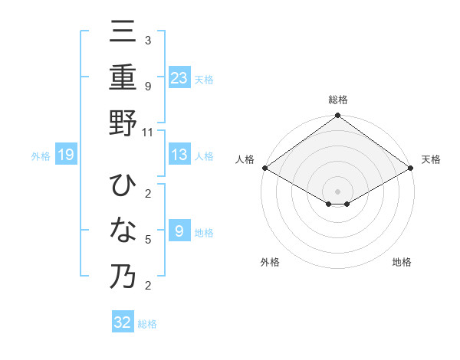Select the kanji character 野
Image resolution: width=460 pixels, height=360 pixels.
pos(123,123)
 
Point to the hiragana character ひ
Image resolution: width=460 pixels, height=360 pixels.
pos(123,186)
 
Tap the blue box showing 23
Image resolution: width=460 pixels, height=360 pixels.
pos(179,77)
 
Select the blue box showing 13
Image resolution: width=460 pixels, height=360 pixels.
pos(179,155)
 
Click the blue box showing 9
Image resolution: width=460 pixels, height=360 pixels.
pos(179,231)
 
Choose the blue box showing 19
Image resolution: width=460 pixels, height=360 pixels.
pos(66,155)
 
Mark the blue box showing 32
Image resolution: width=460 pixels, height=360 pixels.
pos(123,322)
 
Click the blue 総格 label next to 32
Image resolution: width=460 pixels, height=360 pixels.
pos(147,324)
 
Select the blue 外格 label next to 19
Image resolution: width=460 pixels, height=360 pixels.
pos(41,156)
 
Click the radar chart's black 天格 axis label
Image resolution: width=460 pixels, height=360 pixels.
pos(431,159)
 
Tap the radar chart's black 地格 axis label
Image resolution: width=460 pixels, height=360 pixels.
pos(402,262)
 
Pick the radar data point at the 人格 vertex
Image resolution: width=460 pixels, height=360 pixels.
pos(264,168)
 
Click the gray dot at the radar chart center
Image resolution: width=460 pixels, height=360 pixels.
pos(338,190)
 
